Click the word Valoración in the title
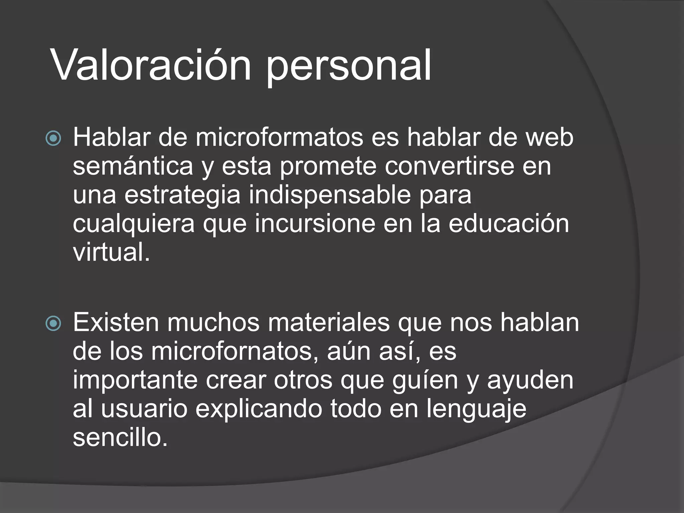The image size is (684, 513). (151, 65)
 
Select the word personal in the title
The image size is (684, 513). (348, 67)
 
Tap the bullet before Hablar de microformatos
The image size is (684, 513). (53, 138)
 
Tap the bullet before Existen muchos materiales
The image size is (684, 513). (53, 323)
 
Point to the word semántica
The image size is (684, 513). (133, 166)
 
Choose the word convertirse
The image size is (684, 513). (449, 166)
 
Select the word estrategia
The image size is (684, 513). (182, 196)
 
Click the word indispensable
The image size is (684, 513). (330, 195)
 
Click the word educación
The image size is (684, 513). (508, 224)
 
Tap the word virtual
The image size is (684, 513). (111, 252)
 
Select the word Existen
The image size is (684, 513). (116, 323)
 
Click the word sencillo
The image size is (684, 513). (120, 438)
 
